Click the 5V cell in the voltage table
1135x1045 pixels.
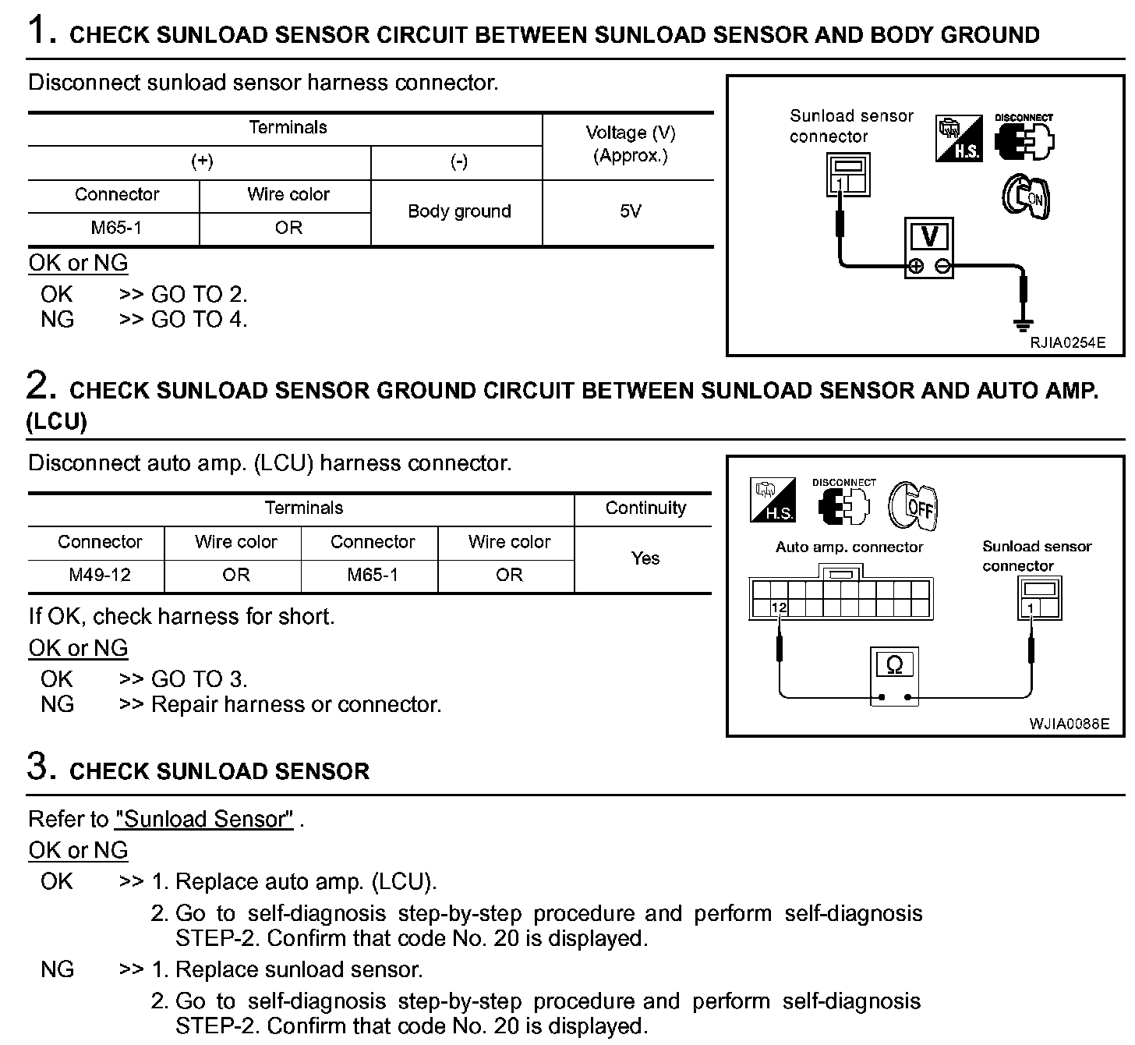(629, 211)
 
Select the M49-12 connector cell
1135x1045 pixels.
(100, 575)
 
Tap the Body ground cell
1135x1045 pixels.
(459, 211)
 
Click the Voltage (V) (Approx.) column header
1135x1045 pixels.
(630, 144)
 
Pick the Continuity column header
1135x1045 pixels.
(645, 508)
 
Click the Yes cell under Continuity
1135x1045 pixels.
(645, 558)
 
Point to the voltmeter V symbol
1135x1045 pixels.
(929, 236)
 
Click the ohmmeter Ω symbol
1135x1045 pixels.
(894, 665)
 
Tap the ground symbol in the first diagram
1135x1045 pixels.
(1023, 323)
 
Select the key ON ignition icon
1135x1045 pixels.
(1026, 196)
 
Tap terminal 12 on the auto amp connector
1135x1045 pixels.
(779, 608)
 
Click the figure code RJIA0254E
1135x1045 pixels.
(1067, 342)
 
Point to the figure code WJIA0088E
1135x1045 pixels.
(1069, 724)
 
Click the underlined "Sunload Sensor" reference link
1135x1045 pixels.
(204, 819)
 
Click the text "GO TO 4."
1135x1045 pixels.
(199, 319)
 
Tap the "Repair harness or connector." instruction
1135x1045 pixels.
(296, 704)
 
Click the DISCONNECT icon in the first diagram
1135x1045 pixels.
(1024, 138)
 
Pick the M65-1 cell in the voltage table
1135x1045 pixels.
(115, 228)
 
